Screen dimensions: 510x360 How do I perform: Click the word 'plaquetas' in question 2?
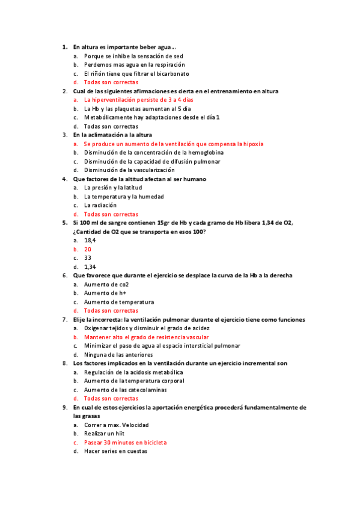point(137,109)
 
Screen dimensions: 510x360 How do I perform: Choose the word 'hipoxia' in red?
point(252,144)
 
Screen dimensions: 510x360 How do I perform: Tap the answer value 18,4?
point(90,241)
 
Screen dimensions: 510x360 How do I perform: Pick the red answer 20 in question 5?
point(88,249)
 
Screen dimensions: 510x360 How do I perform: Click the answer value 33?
point(88,258)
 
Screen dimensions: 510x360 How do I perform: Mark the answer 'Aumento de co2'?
point(106,284)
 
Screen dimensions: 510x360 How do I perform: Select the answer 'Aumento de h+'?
point(105,293)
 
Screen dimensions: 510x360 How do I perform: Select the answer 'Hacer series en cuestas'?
point(115,452)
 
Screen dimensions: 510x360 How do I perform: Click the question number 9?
point(64,407)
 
